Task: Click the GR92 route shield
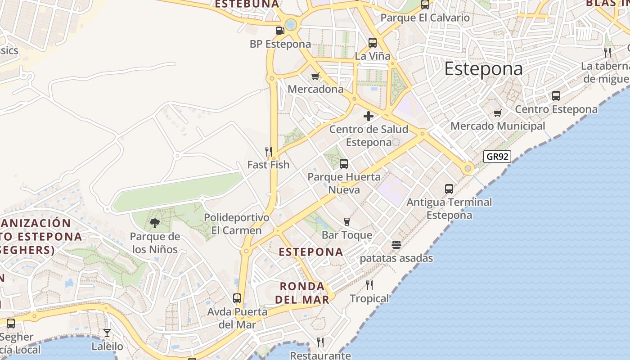(497, 157)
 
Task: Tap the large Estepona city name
(483, 69)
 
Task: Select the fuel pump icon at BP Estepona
(280, 31)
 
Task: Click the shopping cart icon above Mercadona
(315, 76)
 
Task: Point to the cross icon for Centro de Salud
(369, 116)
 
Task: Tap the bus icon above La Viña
(373, 43)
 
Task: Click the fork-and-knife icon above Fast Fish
(269, 151)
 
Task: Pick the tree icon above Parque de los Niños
(154, 223)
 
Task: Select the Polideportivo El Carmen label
(236, 224)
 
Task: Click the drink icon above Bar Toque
(346, 222)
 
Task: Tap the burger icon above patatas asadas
(396, 245)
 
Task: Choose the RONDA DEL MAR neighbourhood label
(302, 292)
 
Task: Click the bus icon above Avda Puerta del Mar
(237, 298)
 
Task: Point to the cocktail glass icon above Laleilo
(107, 333)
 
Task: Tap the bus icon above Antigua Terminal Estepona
(449, 189)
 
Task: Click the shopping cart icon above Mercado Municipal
(497, 113)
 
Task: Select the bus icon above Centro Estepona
(556, 96)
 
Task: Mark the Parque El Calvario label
(425, 18)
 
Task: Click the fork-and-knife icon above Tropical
(369, 285)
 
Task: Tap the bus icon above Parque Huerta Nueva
(344, 164)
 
